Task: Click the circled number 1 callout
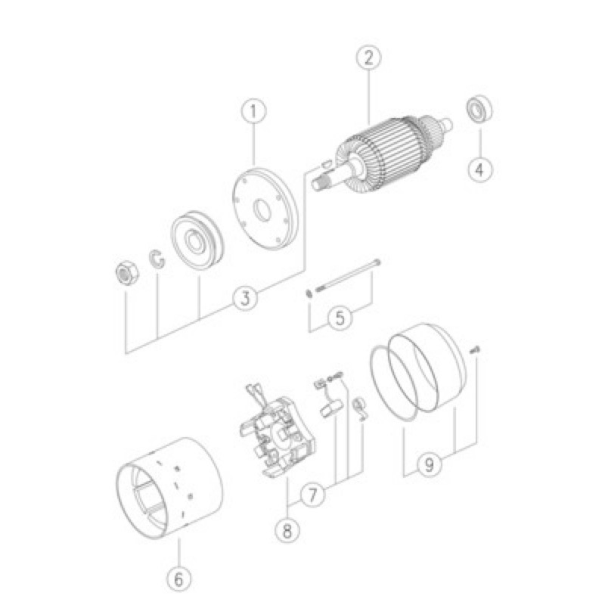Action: pos(253,111)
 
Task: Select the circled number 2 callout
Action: pos(369,58)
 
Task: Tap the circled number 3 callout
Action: pos(245,297)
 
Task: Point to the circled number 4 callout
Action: pos(480,169)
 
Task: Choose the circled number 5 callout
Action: pos(340,318)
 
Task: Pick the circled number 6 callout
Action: pos(178,579)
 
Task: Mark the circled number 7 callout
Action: pos(312,495)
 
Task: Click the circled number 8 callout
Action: pos(287,530)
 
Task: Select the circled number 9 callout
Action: pos(430,464)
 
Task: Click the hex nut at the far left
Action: pos(126,272)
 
